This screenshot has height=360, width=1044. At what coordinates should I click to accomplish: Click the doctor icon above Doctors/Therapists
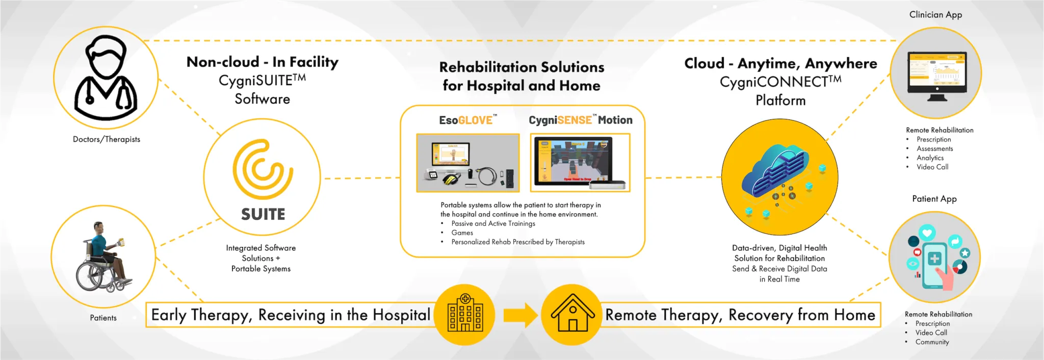106,78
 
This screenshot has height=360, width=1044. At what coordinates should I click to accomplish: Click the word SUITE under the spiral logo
263,214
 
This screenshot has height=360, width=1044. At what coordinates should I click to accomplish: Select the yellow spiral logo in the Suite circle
263,169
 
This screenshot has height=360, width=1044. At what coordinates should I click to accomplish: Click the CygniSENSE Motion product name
580,120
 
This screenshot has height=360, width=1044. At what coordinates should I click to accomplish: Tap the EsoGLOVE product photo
468,163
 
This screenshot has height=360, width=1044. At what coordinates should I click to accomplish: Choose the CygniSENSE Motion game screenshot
580,163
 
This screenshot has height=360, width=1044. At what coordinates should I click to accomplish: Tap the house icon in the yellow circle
572,313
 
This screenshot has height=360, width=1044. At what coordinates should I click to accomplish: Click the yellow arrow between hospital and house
520,316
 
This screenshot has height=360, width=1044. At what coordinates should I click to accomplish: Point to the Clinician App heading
935,15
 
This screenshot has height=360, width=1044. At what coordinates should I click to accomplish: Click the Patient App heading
934,199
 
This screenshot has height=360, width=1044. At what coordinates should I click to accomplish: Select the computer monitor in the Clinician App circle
937,76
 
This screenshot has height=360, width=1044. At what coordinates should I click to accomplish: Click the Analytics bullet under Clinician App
930,158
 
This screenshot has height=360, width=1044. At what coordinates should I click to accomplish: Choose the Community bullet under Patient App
932,342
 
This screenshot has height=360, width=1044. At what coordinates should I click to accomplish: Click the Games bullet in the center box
462,233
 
